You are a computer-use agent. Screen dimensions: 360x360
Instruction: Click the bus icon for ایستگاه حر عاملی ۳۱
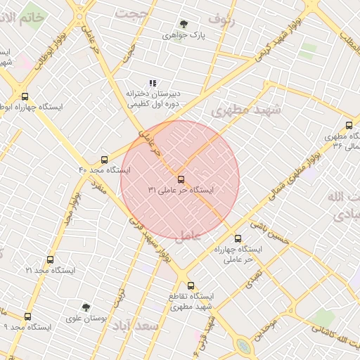(181, 179)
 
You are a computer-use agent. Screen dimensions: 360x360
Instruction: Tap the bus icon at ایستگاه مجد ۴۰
(105, 160)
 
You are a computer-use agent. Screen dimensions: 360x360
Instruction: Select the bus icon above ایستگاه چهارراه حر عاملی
(238, 238)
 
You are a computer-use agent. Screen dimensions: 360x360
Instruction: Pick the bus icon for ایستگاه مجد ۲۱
(50, 259)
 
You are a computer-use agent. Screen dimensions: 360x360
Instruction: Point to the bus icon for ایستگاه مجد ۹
(27, 316)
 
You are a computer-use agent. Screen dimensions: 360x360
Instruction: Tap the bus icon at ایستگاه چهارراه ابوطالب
(25, 96)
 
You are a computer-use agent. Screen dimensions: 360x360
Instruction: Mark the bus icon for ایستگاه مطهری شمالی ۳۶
(329, 125)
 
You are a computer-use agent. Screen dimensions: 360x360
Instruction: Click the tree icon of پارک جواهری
(184, 24)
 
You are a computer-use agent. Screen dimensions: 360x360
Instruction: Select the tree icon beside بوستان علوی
(86, 307)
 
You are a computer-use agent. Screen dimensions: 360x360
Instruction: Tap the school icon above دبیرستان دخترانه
(153, 83)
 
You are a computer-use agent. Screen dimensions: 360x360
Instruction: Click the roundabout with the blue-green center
(243, 346)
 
